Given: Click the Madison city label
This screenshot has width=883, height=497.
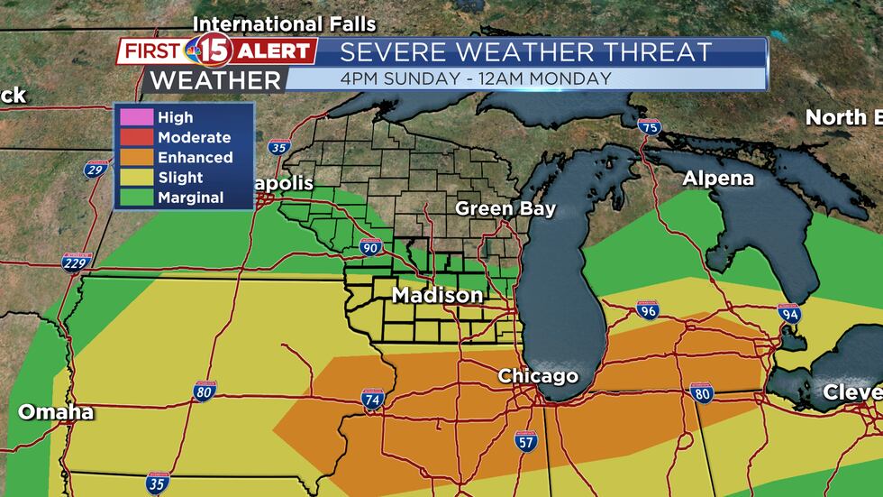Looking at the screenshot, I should pos(437,296).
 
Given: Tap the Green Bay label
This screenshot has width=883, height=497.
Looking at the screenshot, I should pos(505,208).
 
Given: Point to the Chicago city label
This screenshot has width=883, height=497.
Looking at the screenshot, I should pos(538,375).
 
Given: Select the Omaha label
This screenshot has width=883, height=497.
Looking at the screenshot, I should pos(56,412).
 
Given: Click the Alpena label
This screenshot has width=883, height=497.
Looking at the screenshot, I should pos(718,179).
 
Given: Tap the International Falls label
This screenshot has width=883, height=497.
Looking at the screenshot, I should pos(285,23).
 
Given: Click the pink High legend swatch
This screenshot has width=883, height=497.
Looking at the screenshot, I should pos(136,117).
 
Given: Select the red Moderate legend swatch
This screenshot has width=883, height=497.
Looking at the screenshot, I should pos(136,137).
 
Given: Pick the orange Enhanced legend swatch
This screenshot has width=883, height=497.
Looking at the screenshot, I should pos(136,157).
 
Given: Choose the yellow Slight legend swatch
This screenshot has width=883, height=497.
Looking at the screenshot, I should pos(136,178).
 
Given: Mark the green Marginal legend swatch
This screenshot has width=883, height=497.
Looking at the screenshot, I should pos(136,198).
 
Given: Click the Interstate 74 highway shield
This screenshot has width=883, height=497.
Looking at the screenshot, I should pos(370,398).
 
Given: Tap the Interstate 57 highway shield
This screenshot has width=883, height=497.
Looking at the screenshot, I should pos(526,440).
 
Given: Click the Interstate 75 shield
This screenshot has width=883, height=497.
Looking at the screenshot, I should pos(649,128).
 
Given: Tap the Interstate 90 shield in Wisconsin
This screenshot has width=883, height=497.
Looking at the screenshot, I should pos(371,246).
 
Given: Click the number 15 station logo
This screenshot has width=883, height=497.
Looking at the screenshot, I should pos(214,51).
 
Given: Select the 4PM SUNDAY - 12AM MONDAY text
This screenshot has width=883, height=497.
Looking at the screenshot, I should pos(476,78).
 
